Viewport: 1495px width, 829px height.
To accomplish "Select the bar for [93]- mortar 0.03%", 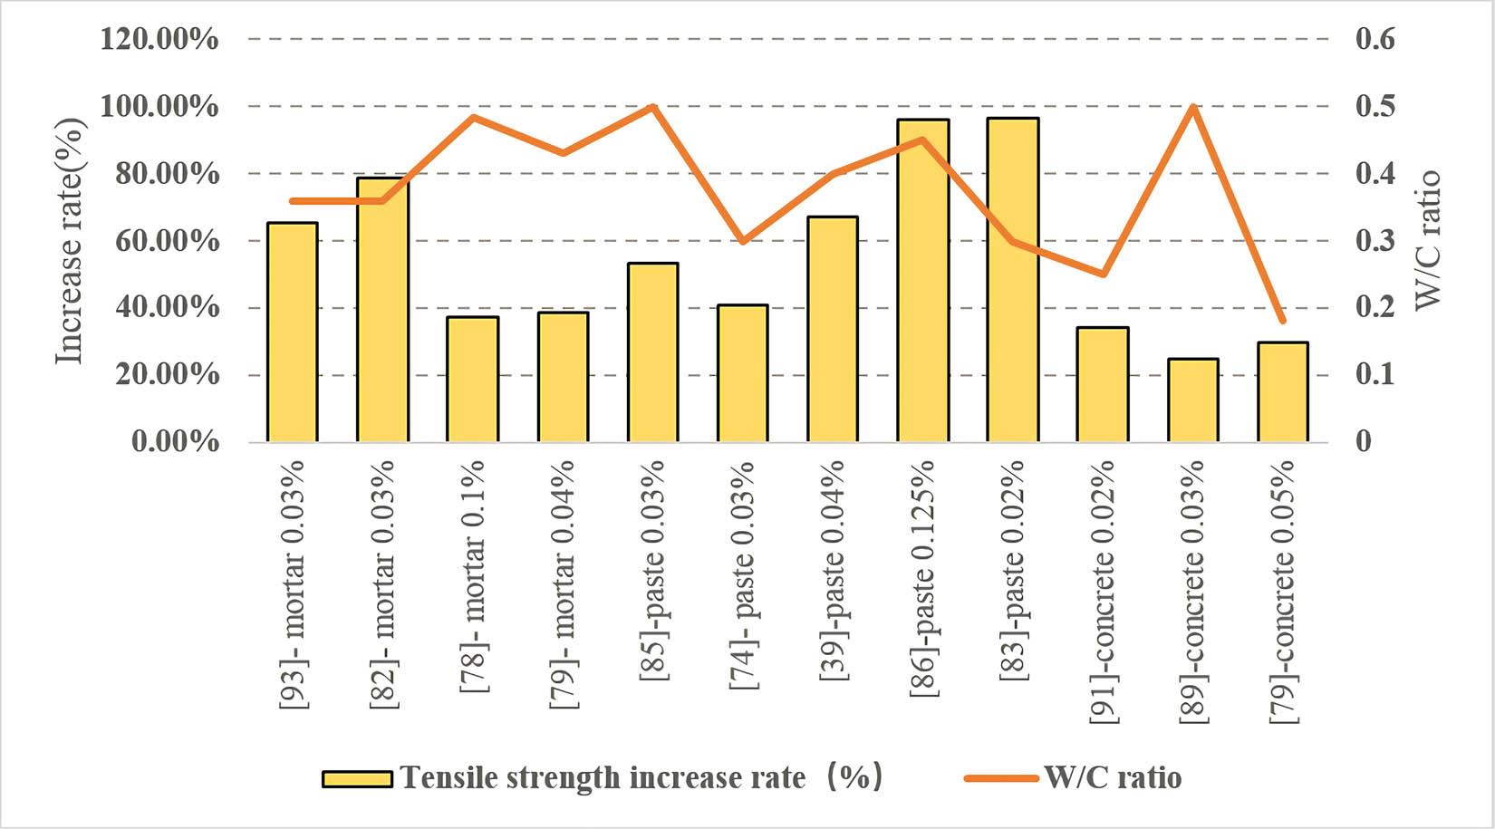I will (x=292, y=333).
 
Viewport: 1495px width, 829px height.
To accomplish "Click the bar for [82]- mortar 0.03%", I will (x=382, y=310).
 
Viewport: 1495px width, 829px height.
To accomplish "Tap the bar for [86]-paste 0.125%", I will (x=922, y=281).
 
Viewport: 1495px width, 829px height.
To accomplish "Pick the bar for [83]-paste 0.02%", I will (x=1013, y=280).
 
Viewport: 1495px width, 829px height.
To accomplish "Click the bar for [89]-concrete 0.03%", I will (x=1192, y=400).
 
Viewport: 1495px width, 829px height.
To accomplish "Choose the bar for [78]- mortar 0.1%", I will (x=472, y=380).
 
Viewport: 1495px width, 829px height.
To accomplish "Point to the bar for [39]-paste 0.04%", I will (x=833, y=329).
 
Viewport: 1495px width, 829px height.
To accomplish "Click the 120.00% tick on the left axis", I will (x=159, y=39).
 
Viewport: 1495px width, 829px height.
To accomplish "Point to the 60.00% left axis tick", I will (x=167, y=241).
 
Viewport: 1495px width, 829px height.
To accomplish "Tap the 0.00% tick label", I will (x=175, y=442).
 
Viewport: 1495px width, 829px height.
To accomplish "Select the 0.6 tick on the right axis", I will (x=1374, y=39).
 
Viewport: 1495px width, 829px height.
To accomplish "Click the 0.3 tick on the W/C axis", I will (x=1374, y=241).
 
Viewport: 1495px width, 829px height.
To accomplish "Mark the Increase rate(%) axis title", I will (x=70, y=241).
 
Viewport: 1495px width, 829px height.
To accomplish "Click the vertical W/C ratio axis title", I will (x=1427, y=240).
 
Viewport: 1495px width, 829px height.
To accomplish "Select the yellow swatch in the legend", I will (x=357, y=778).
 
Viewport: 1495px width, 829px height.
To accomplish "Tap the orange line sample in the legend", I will (x=1000, y=778).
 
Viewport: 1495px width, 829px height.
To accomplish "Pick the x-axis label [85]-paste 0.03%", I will (x=653, y=570).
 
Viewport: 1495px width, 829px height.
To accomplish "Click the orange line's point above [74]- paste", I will (x=743, y=242).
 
